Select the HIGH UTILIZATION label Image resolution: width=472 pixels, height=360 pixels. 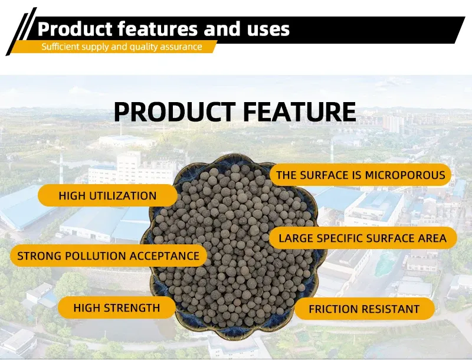click(107, 195)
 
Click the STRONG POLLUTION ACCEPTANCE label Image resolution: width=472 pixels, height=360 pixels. click(109, 256)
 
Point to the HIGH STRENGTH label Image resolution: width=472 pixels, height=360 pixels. click(116, 307)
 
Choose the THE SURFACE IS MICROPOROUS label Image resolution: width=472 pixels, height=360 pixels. click(360, 175)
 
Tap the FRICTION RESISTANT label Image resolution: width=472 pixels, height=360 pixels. click(364, 309)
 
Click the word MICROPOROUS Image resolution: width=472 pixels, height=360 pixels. click(405, 175)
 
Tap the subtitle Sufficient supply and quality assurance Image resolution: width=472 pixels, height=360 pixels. click(122, 47)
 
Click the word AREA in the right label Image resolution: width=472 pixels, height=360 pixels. click(441, 238)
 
